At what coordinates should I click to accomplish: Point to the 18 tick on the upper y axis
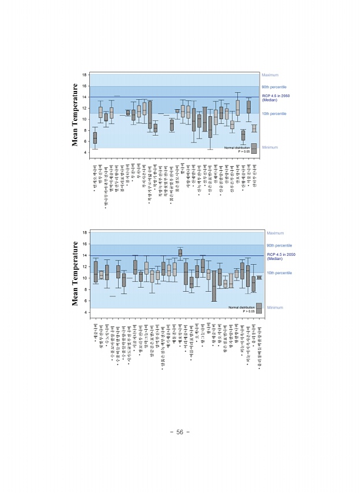coord(85,75)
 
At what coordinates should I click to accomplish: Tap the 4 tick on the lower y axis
coord(86,312)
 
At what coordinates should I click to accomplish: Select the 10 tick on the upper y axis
coord(85,119)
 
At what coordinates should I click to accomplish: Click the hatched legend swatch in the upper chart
coord(254,149)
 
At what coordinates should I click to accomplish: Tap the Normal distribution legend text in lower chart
coord(241,307)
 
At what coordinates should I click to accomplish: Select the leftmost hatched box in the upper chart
coord(95,137)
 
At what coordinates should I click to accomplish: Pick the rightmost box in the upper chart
coord(254,129)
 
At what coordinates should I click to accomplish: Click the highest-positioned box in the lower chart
coord(180,252)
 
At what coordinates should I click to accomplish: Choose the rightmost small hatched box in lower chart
coord(259,277)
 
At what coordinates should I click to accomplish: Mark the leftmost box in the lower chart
coord(95,271)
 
